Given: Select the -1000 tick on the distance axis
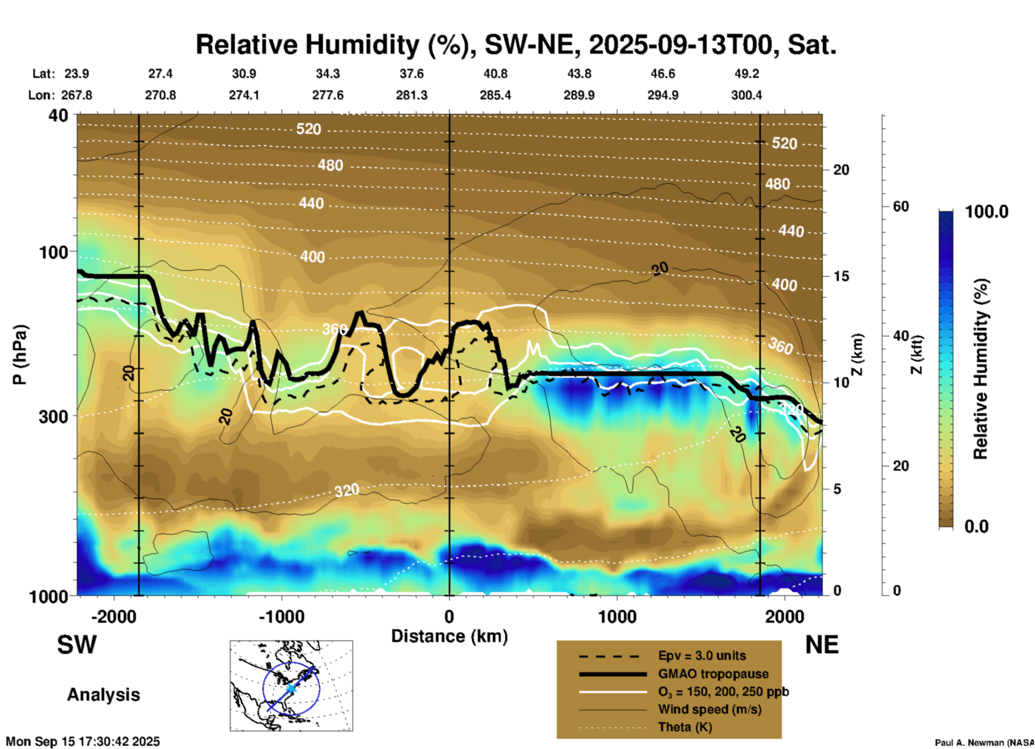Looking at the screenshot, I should click(281, 616).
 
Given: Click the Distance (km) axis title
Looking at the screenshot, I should click(449, 636).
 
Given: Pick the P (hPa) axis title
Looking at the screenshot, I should click(20, 355).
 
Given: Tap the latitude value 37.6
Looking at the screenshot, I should click(412, 74).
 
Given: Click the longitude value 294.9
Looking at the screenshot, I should click(663, 95).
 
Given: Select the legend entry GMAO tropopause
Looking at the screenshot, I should click(713, 674).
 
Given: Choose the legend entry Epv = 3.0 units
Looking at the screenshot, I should click(702, 656).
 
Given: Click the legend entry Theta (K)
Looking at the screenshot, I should click(685, 728).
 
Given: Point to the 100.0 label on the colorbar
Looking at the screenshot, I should click(987, 212).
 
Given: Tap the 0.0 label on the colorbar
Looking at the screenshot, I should click(976, 526).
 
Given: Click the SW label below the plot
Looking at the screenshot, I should click(77, 645).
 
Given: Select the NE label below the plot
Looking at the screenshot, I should click(822, 645).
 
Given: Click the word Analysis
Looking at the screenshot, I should click(103, 695).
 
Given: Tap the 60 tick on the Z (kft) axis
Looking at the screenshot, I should click(901, 206).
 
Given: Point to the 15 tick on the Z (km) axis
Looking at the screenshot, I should click(841, 276).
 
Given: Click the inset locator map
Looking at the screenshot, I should click(291, 686).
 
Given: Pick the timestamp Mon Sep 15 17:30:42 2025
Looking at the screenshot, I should click(83, 741).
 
